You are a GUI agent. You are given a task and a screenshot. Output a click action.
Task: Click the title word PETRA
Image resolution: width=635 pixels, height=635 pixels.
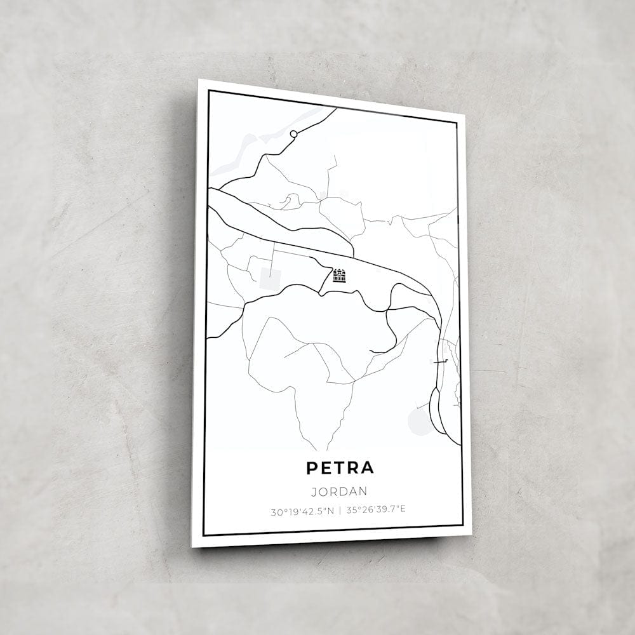pos(340,468)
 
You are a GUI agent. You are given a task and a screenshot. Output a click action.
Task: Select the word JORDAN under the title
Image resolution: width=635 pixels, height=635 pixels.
pos(340,491)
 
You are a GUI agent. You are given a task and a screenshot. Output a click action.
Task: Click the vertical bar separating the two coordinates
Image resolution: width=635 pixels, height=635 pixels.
pos(340,510)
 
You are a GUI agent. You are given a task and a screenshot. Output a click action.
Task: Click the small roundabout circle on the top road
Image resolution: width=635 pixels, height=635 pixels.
pos(293,134)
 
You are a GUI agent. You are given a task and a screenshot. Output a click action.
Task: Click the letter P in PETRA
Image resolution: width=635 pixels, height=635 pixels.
pos(312,468)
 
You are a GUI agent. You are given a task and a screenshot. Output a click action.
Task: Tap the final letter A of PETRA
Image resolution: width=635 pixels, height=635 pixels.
pos(367,468)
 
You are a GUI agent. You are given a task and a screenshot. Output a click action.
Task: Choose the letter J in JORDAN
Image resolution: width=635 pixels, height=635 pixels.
pos(314,491)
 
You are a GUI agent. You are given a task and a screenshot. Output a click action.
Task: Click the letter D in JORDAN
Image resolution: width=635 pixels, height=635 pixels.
pos(343,491)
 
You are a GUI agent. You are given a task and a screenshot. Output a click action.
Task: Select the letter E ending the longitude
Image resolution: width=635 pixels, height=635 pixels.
pos(404,509)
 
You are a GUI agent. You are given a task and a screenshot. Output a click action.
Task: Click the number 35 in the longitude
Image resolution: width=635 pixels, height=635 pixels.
pos(352,509)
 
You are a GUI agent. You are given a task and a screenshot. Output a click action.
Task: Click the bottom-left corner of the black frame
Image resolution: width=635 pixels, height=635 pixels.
pos(204,535)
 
